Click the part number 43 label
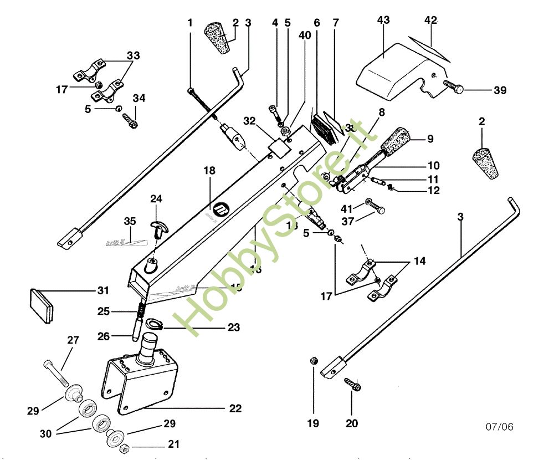[383, 21]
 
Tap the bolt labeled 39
[453, 86]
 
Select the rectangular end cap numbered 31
[42, 304]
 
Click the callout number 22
[235, 408]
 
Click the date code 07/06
[500, 427]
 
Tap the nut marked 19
[312, 361]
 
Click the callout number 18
[209, 170]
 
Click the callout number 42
[430, 21]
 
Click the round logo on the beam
[222, 209]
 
